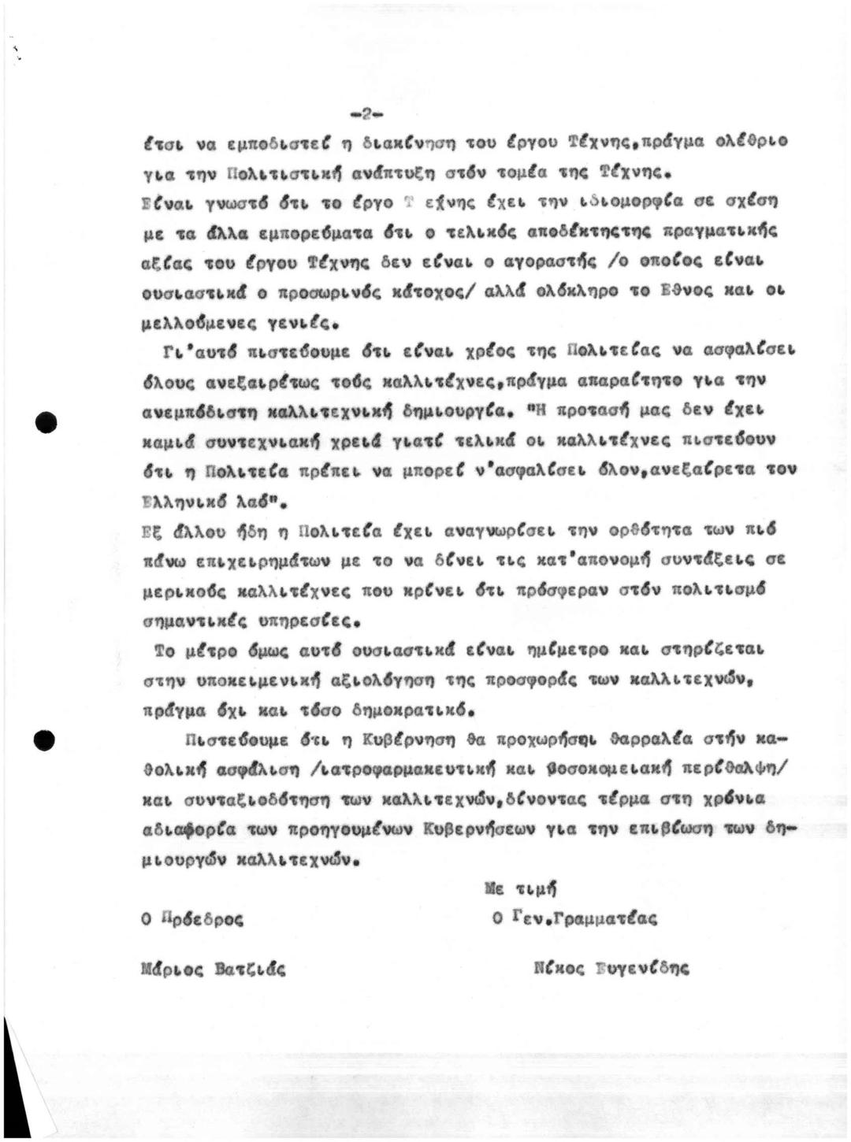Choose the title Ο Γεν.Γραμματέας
coord(573,918)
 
